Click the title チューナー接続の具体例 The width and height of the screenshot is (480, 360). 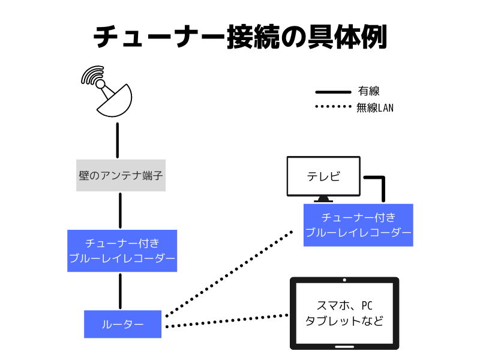coord(240,37)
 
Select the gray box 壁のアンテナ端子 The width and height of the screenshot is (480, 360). coord(121,176)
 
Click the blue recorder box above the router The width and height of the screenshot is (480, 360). coord(122,251)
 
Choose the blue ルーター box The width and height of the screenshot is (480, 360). coord(122,324)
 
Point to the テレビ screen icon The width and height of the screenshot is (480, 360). coord(323,176)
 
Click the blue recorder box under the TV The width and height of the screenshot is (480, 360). coord(358,225)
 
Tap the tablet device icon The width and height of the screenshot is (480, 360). coord(344,313)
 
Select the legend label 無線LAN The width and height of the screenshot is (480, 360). coord(374,108)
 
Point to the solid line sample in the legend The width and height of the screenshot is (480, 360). coord(333,92)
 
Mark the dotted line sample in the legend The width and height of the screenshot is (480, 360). coord(333,108)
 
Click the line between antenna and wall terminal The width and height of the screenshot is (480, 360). coord(118,140)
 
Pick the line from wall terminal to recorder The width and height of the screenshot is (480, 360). coord(121,210)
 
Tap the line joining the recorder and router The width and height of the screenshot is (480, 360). coord(121,291)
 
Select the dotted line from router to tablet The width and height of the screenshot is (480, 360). coord(225,321)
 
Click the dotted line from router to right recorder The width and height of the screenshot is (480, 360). coord(228,273)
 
